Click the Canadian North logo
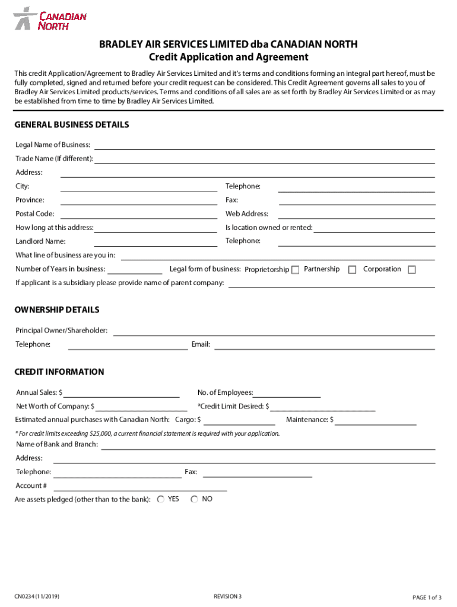[50, 18]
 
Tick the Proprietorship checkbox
[295, 270]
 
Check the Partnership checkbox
[352, 270]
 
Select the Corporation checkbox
[411, 270]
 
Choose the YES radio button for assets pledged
[161, 499]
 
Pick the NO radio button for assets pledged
[194, 499]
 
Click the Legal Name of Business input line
[264, 146]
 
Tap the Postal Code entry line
[138, 215]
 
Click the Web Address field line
[356, 215]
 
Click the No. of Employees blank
[287, 394]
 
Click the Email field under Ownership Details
[324, 346]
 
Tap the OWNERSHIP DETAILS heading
[57, 310]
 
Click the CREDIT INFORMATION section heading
[59, 372]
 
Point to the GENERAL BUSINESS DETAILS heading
[72, 125]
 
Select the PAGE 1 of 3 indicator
[427, 596]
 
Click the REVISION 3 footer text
[228, 596]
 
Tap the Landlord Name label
[40, 242]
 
